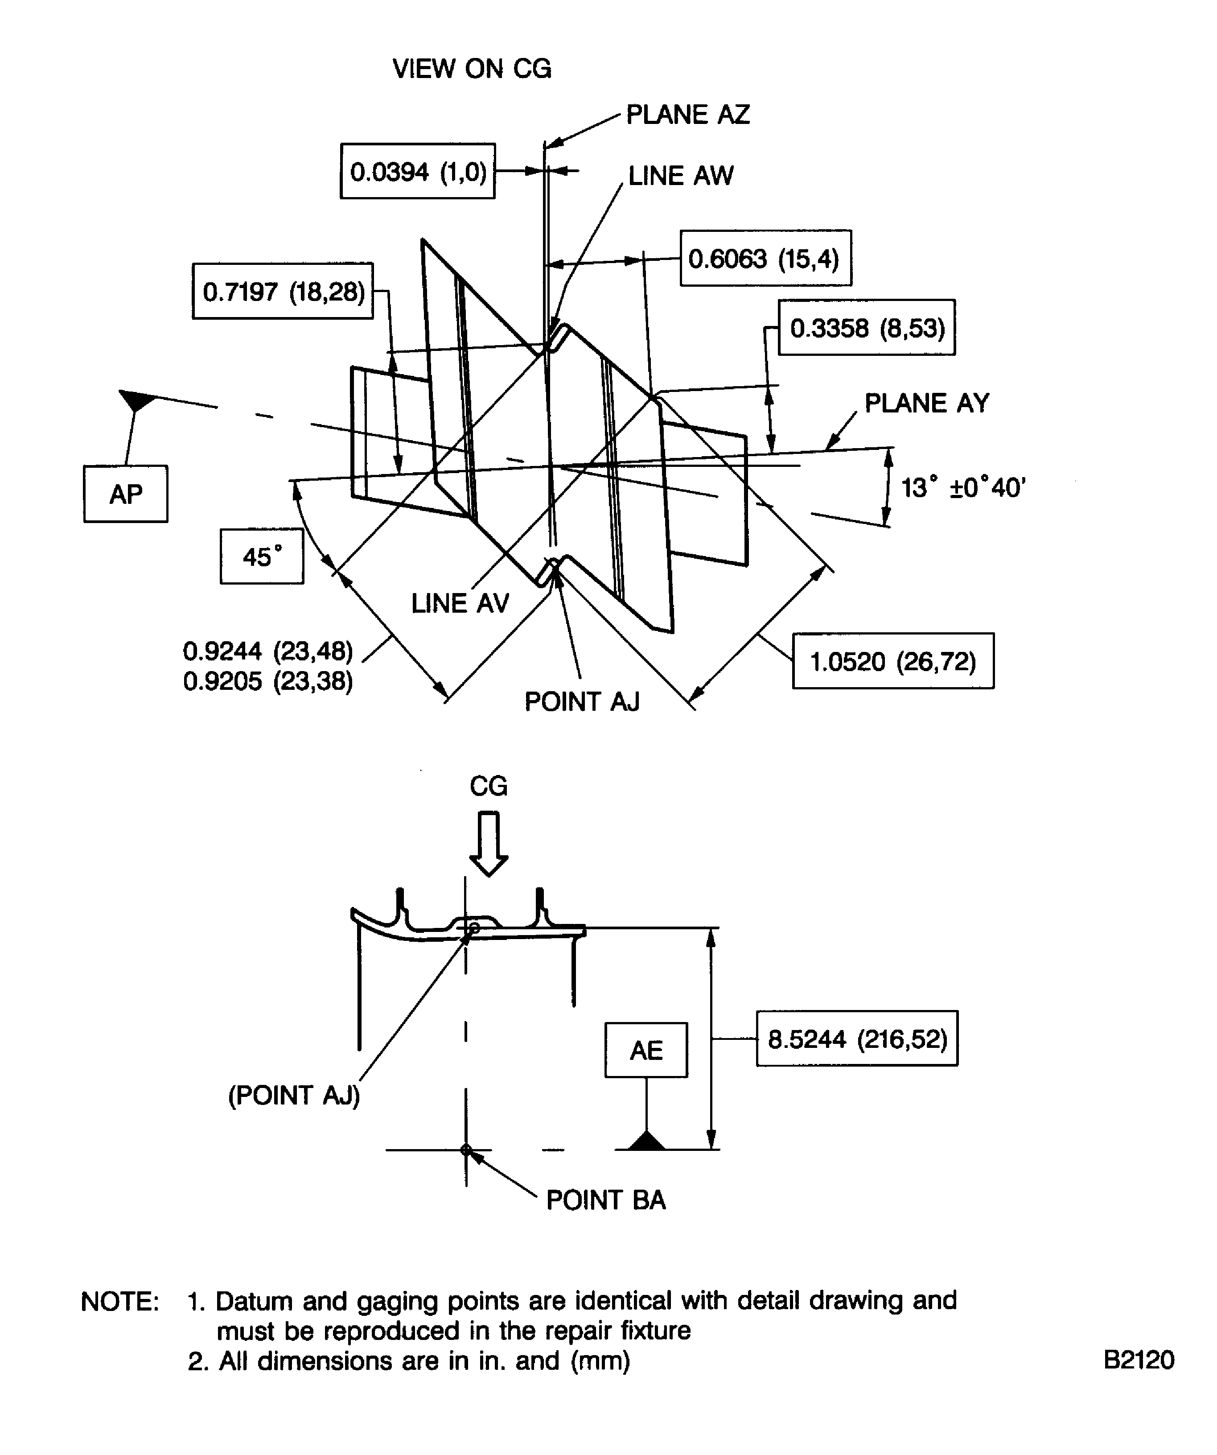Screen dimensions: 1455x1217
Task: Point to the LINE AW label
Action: pos(680,176)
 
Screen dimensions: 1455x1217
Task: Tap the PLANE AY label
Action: pos(927,403)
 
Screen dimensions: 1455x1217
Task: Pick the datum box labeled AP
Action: pos(125,494)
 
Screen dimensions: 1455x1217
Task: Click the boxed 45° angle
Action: pos(262,556)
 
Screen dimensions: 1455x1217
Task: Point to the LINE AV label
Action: pos(460,603)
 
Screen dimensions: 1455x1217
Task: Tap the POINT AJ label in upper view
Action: pos(582,702)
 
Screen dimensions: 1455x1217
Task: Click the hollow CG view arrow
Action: pos(489,844)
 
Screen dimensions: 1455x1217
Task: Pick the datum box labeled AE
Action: pos(646,1051)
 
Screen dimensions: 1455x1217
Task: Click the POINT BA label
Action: pos(605,1200)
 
